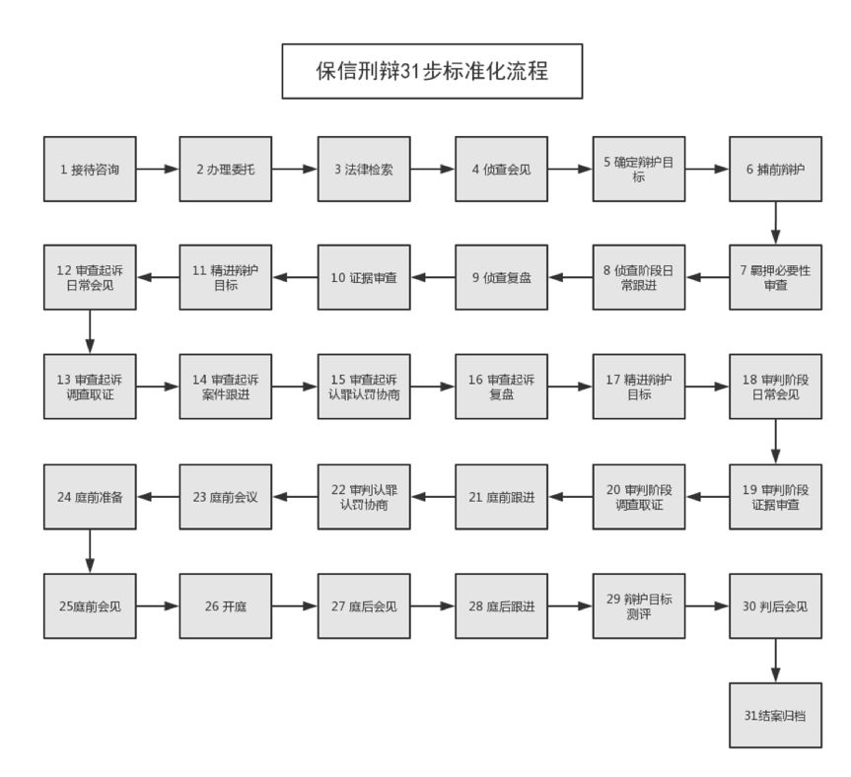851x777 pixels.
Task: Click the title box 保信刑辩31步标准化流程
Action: (432, 71)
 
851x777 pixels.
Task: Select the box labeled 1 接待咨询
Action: (90, 170)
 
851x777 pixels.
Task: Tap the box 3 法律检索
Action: (364, 170)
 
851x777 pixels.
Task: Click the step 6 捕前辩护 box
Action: (775, 170)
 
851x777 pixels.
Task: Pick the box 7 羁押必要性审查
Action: (775, 277)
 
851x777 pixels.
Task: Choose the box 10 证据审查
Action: (364, 277)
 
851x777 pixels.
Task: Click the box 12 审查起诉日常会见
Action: (90, 277)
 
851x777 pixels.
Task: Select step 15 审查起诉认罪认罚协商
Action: (364, 387)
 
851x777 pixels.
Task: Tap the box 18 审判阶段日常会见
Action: (775, 387)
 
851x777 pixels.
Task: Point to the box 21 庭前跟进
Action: (502, 497)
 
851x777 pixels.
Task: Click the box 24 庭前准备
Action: (90, 497)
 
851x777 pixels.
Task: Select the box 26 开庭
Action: (226, 606)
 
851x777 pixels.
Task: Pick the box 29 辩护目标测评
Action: (639, 606)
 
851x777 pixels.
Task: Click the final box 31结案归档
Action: (775, 716)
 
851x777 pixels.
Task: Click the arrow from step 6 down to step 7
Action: (775, 223)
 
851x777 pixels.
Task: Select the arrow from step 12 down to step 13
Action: (90, 332)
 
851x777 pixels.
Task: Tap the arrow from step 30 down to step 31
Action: (775, 661)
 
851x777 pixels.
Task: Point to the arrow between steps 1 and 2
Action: (158, 170)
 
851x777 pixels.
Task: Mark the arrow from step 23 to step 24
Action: (158, 497)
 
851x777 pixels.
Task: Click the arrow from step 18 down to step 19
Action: (775, 442)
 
